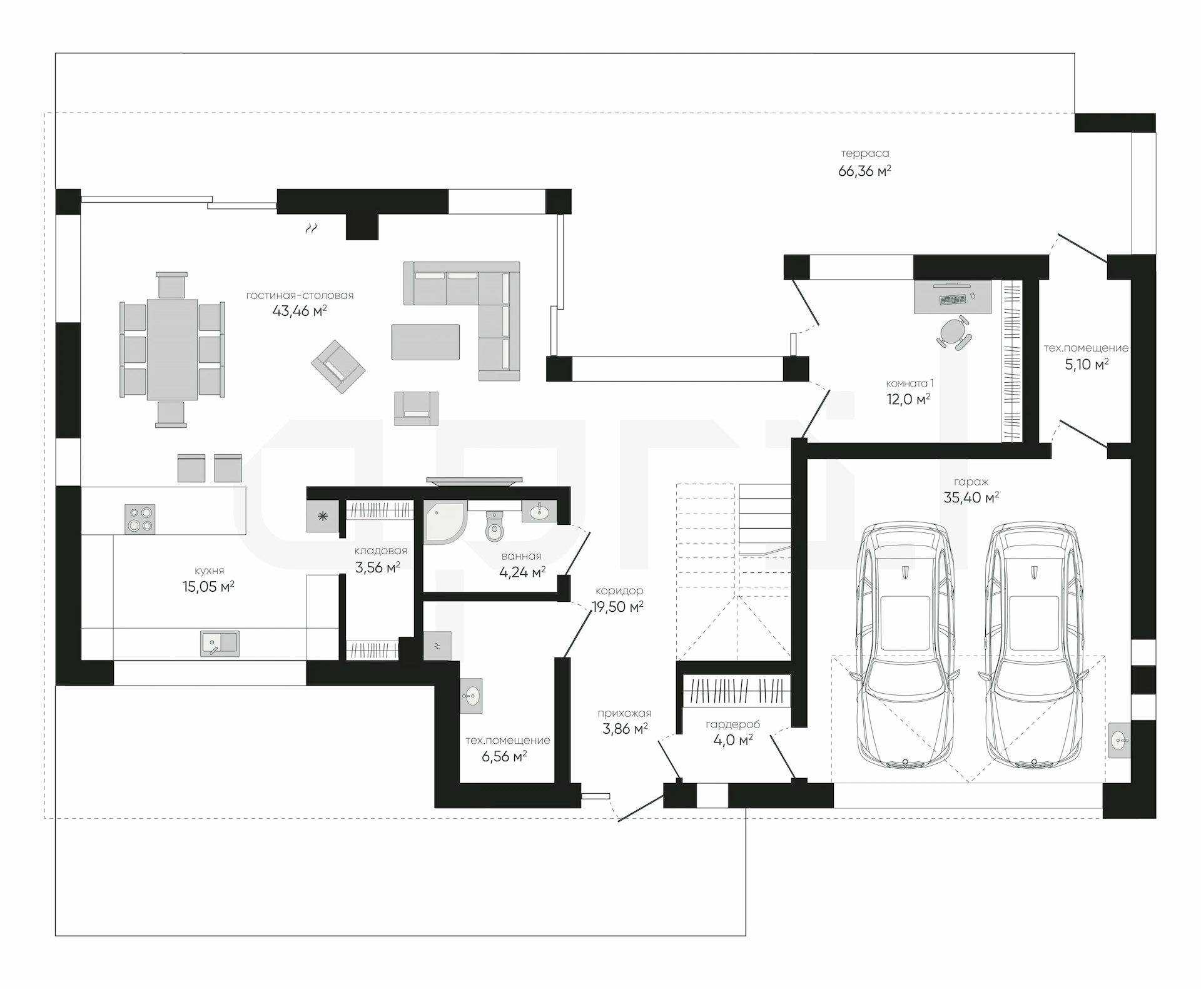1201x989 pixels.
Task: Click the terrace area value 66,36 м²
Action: click(x=864, y=171)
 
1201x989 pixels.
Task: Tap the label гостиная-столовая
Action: click(x=300, y=295)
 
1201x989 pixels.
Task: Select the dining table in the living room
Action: click(x=172, y=350)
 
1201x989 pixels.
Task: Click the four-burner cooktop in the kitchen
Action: click(x=139, y=519)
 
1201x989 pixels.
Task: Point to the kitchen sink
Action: click(x=220, y=643)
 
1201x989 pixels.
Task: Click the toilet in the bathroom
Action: click(x=494, y=525)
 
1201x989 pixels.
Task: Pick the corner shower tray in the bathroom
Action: click(x=445, y=522)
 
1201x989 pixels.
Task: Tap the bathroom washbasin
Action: click(x=539, y=512)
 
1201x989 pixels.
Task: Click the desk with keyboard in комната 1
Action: click(x=953, y=296)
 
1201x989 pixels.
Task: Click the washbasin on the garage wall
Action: click(x=1120, y=741)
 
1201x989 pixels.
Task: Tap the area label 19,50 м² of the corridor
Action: click(x=617, y=606)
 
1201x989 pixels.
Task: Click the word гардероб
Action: click(x=733, y=724)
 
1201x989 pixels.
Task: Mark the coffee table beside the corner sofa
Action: click(x=425, y=342)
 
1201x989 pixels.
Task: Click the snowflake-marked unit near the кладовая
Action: click(x=323, y=516)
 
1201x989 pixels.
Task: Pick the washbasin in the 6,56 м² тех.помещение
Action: click(x=471, y=696)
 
